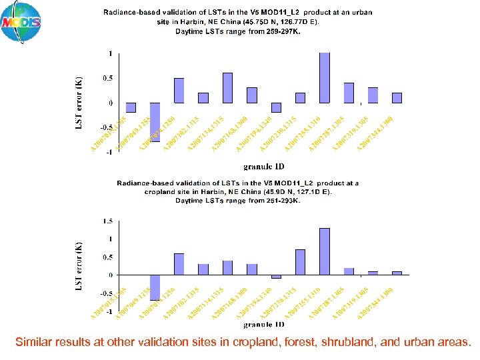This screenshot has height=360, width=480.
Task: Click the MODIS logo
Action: [x=21, y=23]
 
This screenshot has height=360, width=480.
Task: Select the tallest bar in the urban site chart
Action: [x=325, y=78]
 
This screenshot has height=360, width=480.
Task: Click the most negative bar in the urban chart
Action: [x=155, y=122]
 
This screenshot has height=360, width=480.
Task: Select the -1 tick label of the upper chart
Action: [x=108, y=152]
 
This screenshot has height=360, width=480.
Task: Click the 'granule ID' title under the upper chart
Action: [x=263, y=166]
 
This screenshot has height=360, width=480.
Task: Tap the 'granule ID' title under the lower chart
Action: [x=263, y=325]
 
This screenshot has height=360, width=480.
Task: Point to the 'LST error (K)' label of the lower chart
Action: [x=79, y=265]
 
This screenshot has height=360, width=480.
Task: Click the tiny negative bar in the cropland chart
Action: [x=276, y=277]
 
